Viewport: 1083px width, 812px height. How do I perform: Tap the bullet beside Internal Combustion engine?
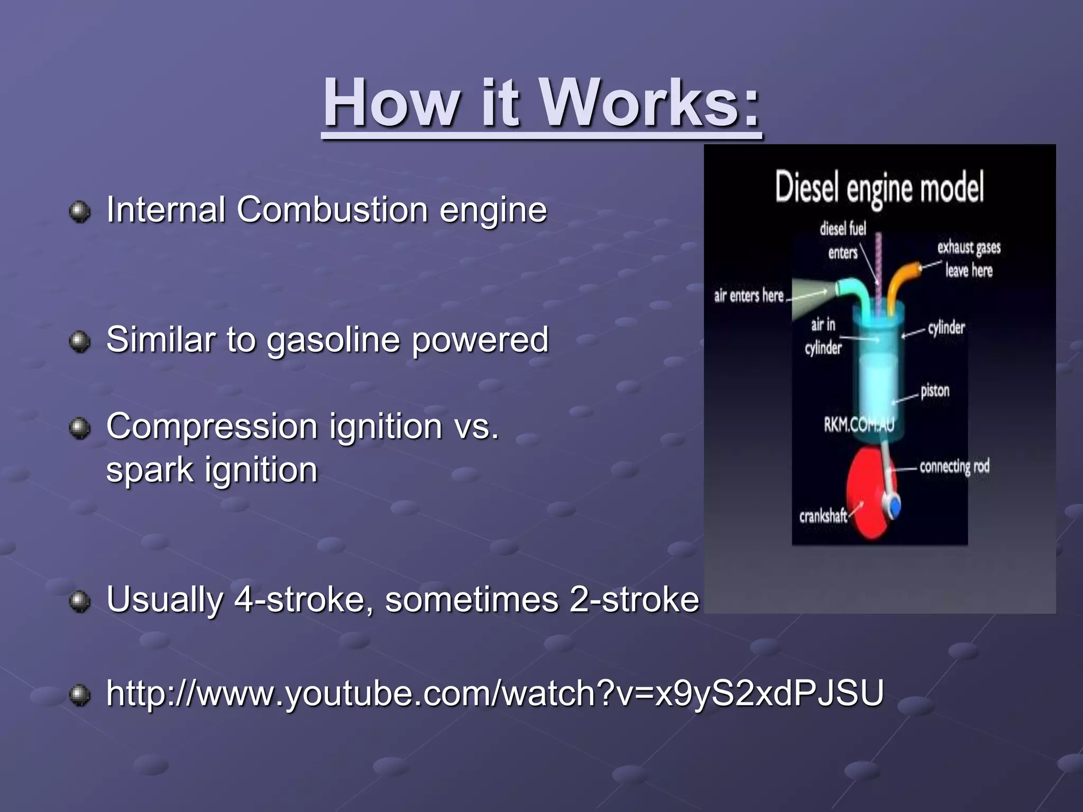click(x=80, y=212)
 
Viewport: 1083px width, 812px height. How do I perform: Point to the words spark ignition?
click(x=212, y=470)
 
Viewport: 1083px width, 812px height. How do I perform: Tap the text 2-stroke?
click(x=634, y=599)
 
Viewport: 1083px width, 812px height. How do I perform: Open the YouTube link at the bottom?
click(x=494, y=693)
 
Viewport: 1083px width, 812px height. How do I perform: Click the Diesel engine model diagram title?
click(x=879, y=187)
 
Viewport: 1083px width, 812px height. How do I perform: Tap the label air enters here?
click(x=748, y=296)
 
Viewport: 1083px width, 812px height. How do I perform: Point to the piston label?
click(x=934, y=391)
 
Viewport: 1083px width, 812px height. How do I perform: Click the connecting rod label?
click(x=954, y=467)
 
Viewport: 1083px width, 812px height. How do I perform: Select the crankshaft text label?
click(x=822, y=516)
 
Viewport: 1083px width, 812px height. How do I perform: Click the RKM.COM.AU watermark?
click(x=859, y=425)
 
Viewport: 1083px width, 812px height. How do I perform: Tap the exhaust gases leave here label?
click(x=969, y=259)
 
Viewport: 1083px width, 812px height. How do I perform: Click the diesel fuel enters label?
click(x=843, y=241)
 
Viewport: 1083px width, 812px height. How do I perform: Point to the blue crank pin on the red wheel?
click(x=895, y=506)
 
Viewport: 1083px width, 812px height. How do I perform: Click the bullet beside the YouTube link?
click(x=80, y=695)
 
